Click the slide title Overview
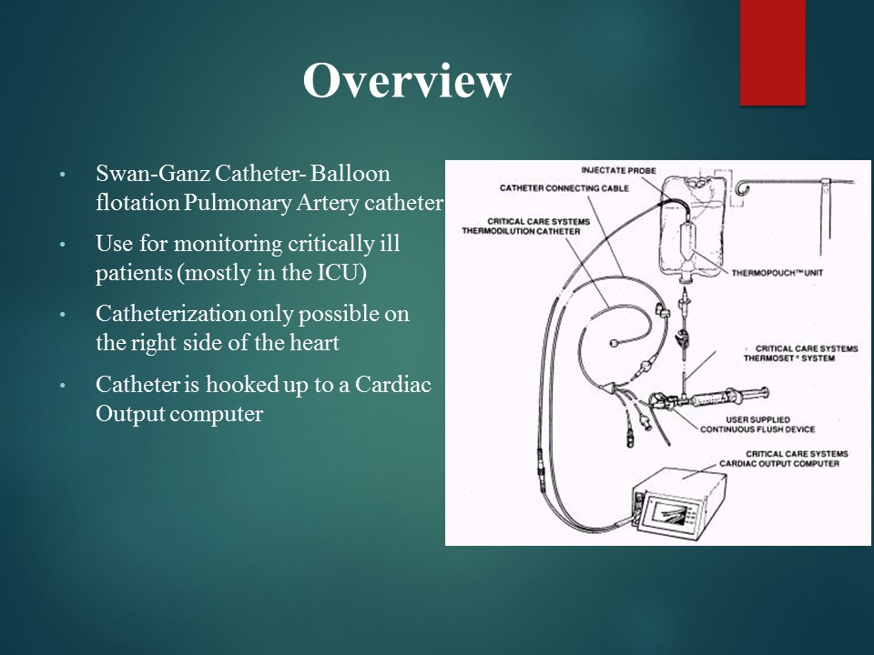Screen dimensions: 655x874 (406, 81)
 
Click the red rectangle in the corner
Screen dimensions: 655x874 (773, 52)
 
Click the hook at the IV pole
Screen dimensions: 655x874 (745, 188)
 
